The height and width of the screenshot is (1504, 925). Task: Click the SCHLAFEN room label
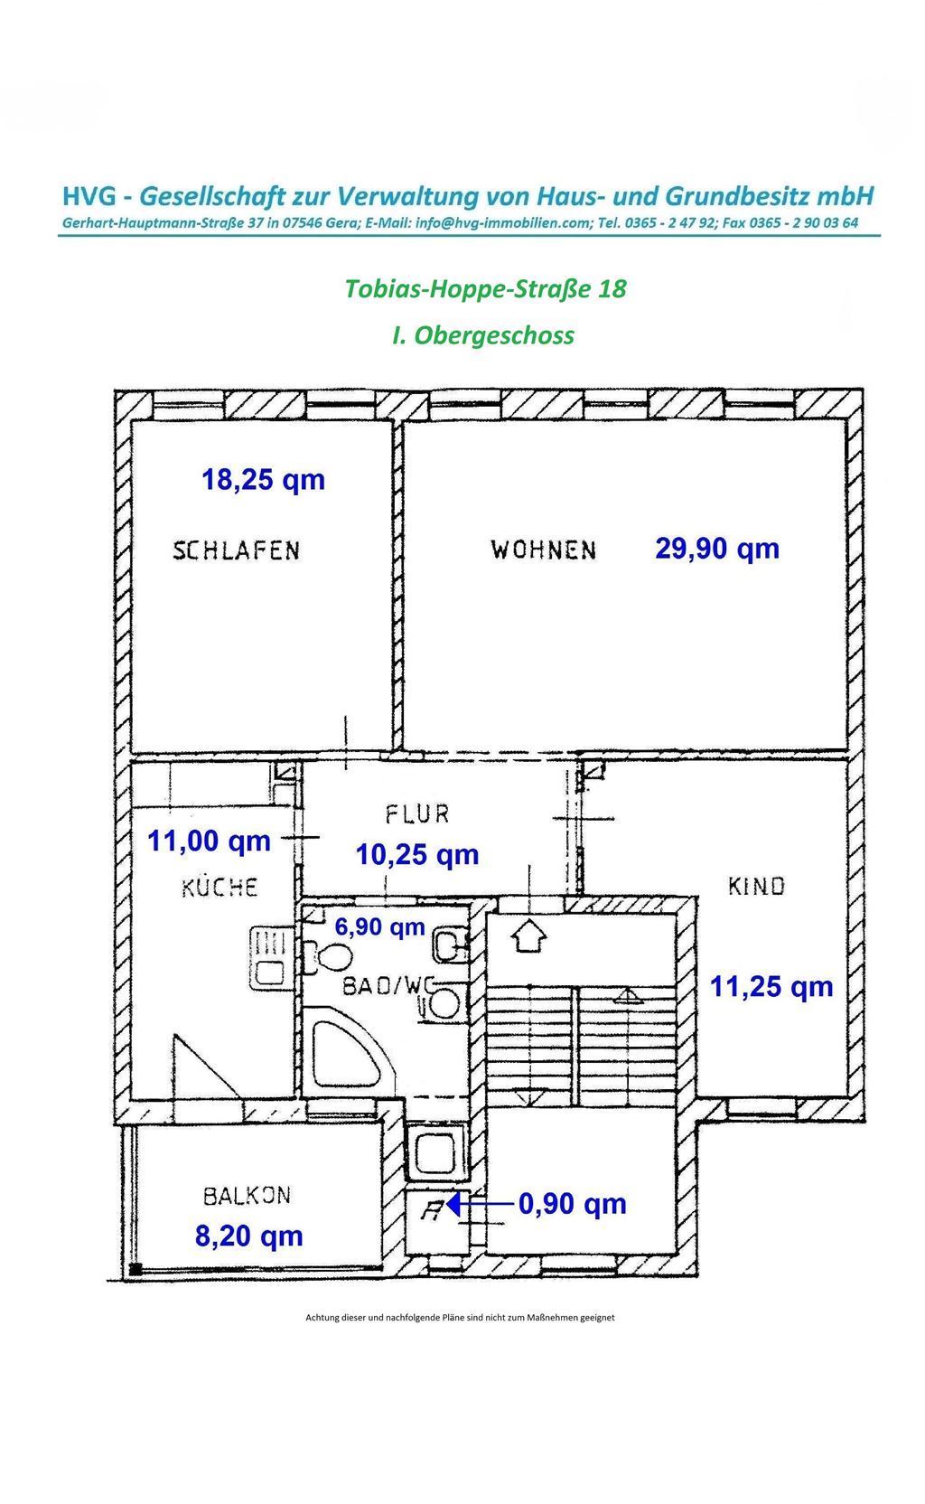pyautogui.click(x=237, y=550)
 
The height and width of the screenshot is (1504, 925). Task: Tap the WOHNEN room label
pyautogui.click(x=543, y=550)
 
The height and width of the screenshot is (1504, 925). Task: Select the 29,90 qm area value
pyautogui.click(x=717, y=549)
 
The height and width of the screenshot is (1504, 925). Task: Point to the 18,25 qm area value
pyautogui.click(x=263, y=480)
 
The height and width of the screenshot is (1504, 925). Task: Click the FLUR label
pyautogui.click(x=416, y=814)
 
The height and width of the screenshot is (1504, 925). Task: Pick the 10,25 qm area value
pyautogui.click(x=416, y=855)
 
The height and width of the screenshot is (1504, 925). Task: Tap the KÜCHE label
pyautogui.click(x=220, y=888)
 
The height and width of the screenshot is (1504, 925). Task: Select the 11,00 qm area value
pyautogui.click(x=209, y=841)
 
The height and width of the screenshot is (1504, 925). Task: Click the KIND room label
pyautogui.click(x=756, y=887)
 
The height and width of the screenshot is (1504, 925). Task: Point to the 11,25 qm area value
pyautogui.click(x=771, y=987)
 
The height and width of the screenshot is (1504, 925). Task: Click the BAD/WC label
pyautogui.click(x=388, y=986)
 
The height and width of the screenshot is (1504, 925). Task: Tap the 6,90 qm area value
pyautogui.click(x=380, y=927)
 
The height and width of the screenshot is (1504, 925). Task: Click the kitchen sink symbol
pyautogui.click(x=270, y=958)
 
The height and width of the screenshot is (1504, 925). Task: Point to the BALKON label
pyautogui.click(x=247, y=1196)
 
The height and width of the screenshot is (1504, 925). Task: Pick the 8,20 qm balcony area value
pyautogui.click(x=249, y=1236)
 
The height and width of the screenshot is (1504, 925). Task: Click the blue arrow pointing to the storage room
pyautogui.click(x=480, y=1204)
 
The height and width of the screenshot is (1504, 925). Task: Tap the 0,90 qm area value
pyautogui.click(x=573, y=1205)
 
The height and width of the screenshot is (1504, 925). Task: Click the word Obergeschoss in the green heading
pyautogui.click(x=493, y=335)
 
